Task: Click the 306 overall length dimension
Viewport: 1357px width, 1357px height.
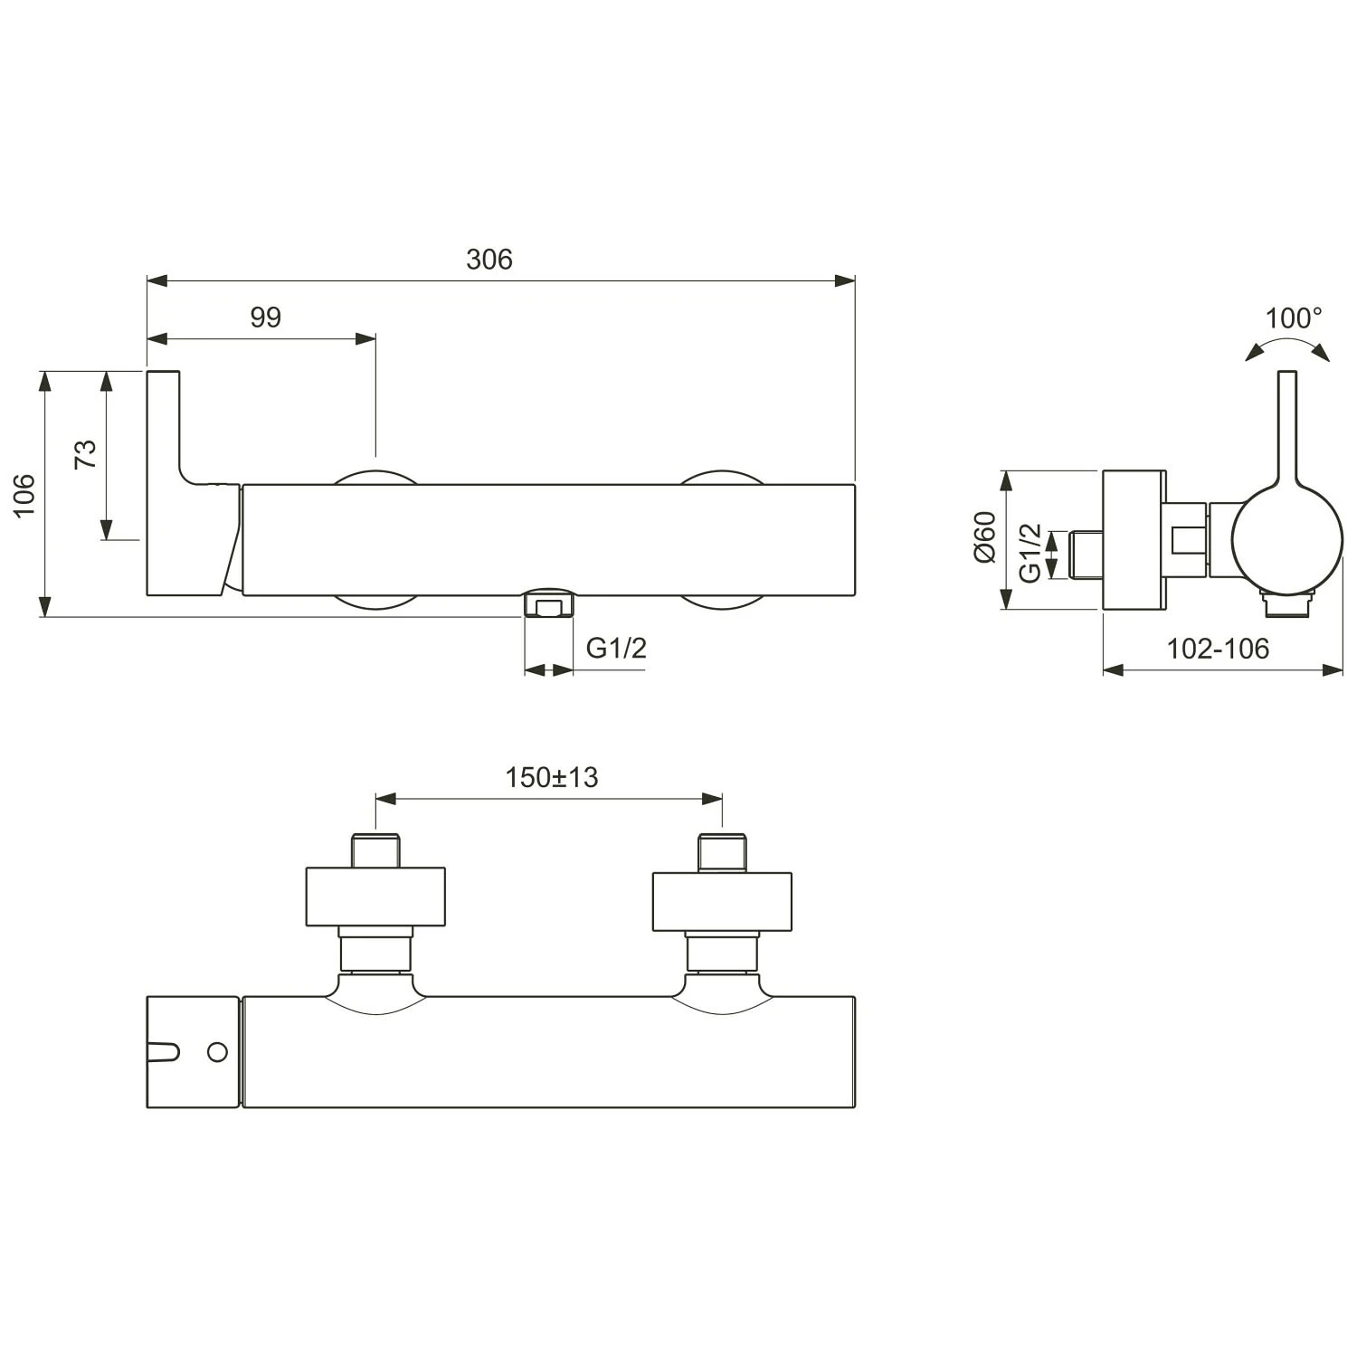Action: click(x=489, y=260)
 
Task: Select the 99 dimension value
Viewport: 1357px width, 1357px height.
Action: click(x=266, y=318)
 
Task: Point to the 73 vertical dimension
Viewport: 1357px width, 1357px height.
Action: click(x=85, y=453)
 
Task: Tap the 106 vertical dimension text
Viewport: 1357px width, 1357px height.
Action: click(x=24, y=495)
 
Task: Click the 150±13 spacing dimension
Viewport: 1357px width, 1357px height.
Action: click(x=551, y=777)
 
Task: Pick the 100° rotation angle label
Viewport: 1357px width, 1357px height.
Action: click(x=1293, y=318)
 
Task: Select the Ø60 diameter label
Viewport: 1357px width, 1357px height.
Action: click(x=984, y=537)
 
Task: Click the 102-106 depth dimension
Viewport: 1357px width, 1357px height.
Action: click(x=1217, y=649)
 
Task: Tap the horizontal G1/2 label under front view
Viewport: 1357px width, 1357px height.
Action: click(x=616, y=648)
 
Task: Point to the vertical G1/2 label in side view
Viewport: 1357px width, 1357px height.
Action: click(x=1030, y=553)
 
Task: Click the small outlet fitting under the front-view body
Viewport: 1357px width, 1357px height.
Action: click(x=550, y=603)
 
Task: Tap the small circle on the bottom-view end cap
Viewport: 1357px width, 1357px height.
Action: click(x=217, y=1051)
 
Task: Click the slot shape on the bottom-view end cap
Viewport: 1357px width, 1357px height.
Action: click(x=164, y=1051)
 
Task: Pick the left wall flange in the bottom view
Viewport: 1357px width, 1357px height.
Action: click(x=375, y=897)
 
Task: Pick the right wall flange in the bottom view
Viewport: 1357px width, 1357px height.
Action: click(x=722, y=901)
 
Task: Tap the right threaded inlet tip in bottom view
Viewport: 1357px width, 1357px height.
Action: click(x=722, y=852)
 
